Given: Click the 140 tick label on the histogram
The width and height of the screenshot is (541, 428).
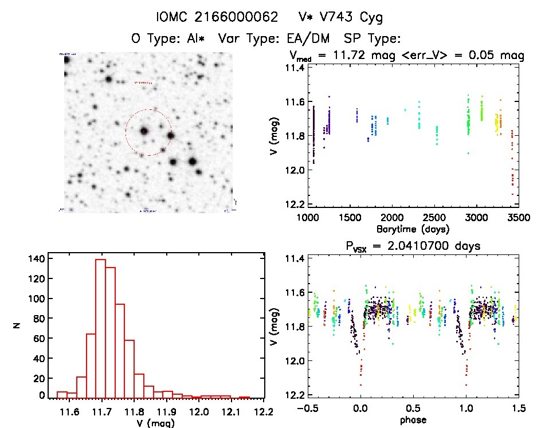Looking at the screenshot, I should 34,258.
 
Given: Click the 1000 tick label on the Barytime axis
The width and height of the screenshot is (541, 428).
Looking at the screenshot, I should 308,218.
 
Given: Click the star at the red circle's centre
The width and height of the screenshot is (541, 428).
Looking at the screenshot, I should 144,131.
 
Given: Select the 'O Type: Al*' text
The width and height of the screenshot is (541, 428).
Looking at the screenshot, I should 168,39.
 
